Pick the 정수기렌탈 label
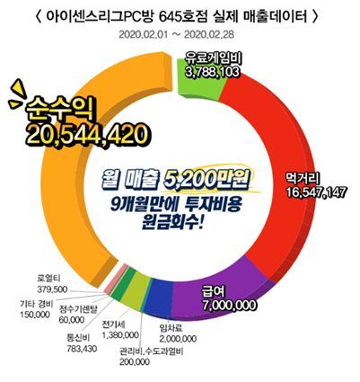coord(83,307)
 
